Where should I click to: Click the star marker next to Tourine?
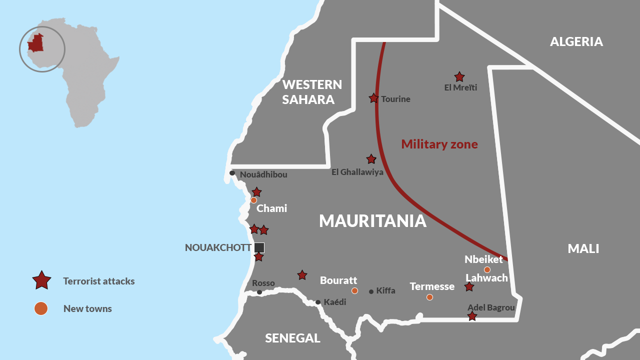pyautogui.click(x=373, y=98)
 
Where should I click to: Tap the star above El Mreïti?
pyautogui.click(x=459, y=77)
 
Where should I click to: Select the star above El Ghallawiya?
pyautogui.click(x=371, y=159)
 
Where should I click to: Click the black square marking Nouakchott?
pyautogui.click(x=259, y=247)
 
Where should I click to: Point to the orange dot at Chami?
pyautogui.click(x=253, y=200)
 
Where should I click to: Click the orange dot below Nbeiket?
pyautogui.click(x=487, y=269)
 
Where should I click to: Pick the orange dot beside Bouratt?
pyautogui.click(x=354, y=290)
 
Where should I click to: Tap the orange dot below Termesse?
pyautogui.click(x=429, y=297)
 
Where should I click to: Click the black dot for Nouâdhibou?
pyautogui.click(x=232, y=173)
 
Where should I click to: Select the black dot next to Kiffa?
pyautogui.click(x=371, y=291)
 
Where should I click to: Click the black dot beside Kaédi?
pyautogui.click(x=317, y=302)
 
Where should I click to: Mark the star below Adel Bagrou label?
pyautogui.click(x=472, y=316)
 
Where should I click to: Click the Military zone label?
pyautogui.click(x=439, y=144)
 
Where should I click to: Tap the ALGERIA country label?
pyautogui.click(x=576, y=41)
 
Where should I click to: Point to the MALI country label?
pyautogui.click(x=583, y=248)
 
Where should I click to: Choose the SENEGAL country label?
pyautogui.click(x=292, y=338)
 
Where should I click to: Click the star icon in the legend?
pyautogui.click(x=41, y=280)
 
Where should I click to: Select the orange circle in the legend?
pyautogui.click(x=40, y=308)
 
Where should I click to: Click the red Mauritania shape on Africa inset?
pyautogui.click(x=35, y=44)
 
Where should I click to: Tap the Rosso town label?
pyautogui.click(x=263, y=283)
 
